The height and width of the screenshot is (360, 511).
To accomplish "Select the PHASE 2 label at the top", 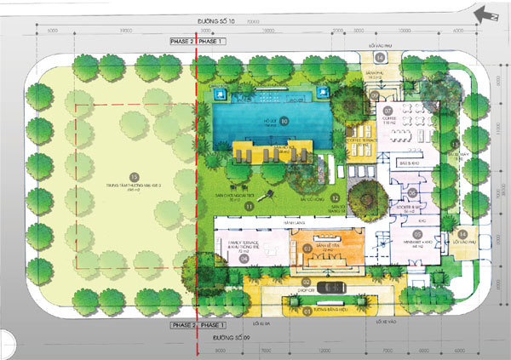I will [x=181, y=41].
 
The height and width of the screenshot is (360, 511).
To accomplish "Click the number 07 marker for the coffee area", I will [x=386, y=111].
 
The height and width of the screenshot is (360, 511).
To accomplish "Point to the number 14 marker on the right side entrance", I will [x=462, y=235].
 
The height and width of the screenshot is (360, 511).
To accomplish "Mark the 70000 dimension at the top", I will [x=253, y=23].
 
